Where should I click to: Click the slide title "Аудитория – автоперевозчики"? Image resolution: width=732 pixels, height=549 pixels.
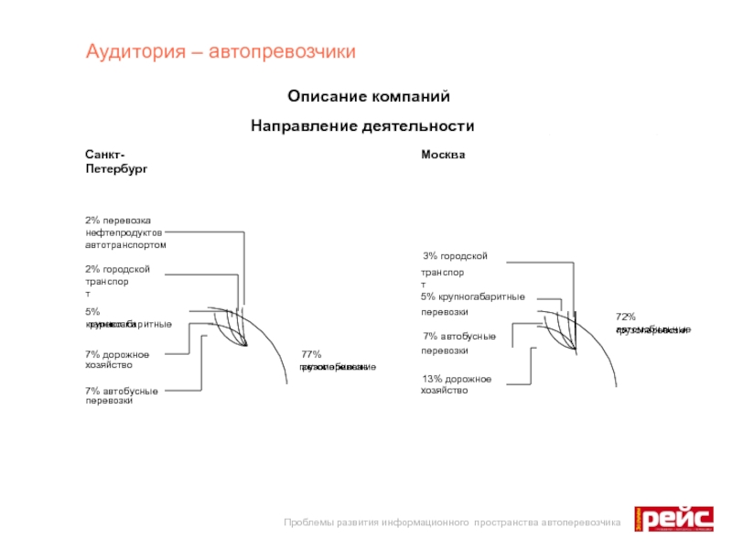[x=221, y=51]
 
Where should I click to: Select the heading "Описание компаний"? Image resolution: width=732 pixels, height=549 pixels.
[x=369, y=96]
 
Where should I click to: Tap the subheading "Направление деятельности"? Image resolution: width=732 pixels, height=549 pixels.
[x=362, y=125]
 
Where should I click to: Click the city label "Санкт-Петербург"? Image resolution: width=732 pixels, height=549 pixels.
[x=115, y=162]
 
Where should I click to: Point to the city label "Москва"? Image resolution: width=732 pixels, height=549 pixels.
[x=443, y=155]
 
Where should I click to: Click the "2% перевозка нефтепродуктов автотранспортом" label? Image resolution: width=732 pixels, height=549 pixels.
[x=125, y=232]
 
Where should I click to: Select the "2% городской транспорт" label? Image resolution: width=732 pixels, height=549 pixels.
[x=116, y=281]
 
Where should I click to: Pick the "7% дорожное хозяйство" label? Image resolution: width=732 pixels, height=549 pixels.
[x=116, y=360]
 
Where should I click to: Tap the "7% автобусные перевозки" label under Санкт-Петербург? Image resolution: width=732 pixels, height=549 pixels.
[x=122, y=396]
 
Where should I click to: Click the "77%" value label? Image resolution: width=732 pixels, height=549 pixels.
[x=311, y=354]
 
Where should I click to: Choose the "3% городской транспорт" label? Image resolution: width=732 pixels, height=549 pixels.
[x=454, y=264]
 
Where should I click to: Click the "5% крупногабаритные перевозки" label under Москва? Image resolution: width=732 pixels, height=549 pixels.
[x=472, y=304]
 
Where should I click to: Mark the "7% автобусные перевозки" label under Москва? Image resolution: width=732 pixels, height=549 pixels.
[x=458, y=343]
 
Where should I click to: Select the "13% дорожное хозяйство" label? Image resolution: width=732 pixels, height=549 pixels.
[x=457, y=384]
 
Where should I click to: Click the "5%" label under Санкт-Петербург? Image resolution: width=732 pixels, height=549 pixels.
[x=92, y=312]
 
